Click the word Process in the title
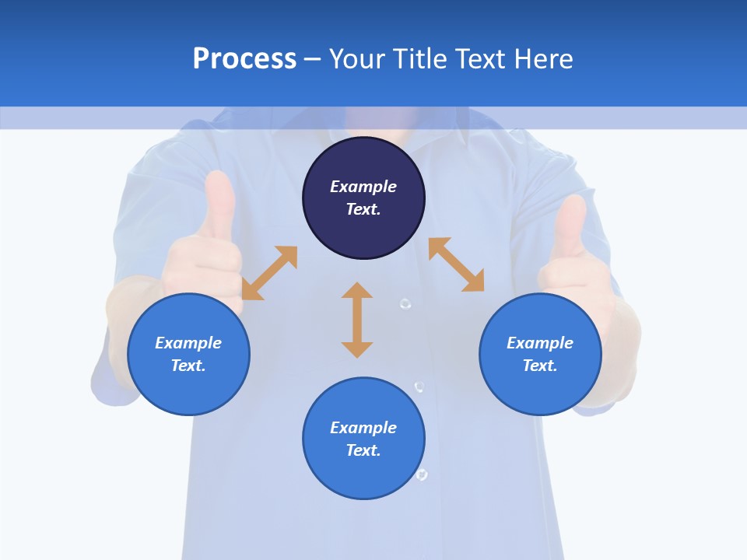coord(244,58)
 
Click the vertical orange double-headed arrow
coord(357,320)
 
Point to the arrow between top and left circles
coord(269,273)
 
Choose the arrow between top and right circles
coord(456,264)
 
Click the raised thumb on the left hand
coord(219,204)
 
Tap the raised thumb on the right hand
coord(571,226)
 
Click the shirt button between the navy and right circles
coord(405,303)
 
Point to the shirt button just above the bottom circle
coord(419,387)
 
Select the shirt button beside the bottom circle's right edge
coord(422,474)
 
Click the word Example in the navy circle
coord(363,187)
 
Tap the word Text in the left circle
coord(188,366)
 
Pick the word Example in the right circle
coord(540,343)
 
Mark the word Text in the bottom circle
coord(363,450)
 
